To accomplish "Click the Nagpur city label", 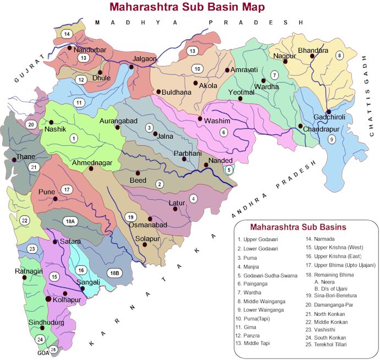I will pos(284,56).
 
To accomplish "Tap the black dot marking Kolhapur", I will pos(49,299).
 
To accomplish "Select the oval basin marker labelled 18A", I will pos(69,221).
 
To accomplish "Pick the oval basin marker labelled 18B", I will pos(114,272).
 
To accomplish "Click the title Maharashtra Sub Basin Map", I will pos(186,7).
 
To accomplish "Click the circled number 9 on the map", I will pos(331,139).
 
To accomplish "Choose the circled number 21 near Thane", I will pos(34,167).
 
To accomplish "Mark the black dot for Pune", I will pos(55,199).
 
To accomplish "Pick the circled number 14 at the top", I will pos(67,34).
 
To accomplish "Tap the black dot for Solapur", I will pos(145,244).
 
